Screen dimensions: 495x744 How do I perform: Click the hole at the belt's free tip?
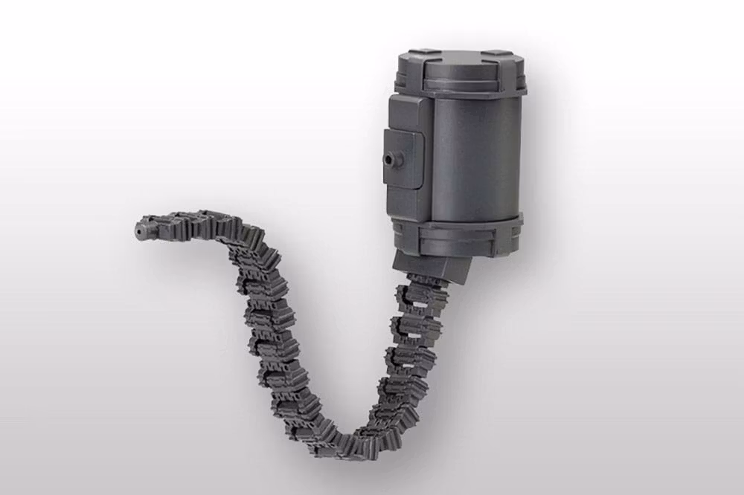click(138, 232)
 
